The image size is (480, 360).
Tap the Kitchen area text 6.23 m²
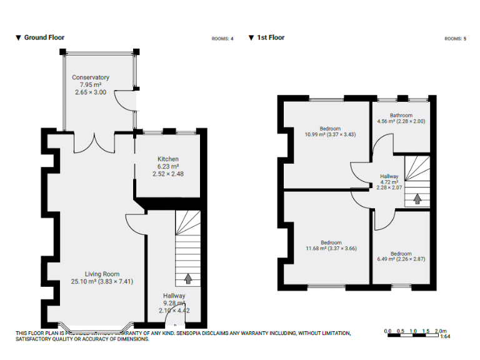(168, 166)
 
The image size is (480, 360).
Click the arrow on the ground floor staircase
(187, 277)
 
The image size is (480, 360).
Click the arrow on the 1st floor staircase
(417, 199)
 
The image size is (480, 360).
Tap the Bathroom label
(401, 115)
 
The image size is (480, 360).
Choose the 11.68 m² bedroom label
(331, 242)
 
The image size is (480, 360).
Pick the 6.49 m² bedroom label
(401, 254)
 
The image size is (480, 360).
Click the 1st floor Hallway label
(389, 176)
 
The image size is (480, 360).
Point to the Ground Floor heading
(44, 37)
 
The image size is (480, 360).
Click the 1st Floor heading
(271, 37)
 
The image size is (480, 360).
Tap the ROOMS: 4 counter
(222, 39)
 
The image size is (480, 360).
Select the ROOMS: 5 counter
(455, 39)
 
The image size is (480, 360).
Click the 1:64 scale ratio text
(446, 337)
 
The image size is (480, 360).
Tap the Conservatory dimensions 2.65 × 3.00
(91, 92)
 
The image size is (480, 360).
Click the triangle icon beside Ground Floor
(18, 37)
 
